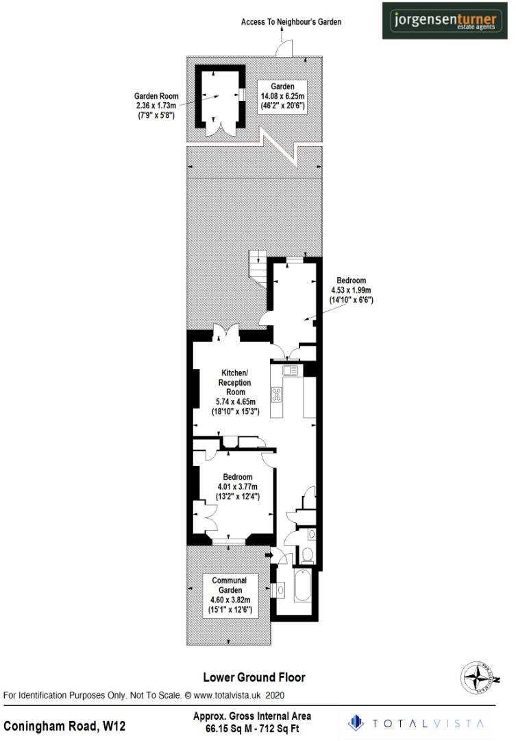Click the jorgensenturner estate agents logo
tap(447, 20)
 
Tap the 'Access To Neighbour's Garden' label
tap(291, 22)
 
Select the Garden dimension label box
tap(282, 97)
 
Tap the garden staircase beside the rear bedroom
tap(258, 268)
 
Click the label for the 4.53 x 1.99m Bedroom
tap(351, 290)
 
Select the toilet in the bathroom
tap(307, 554)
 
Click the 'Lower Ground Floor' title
tap(254, 677)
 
